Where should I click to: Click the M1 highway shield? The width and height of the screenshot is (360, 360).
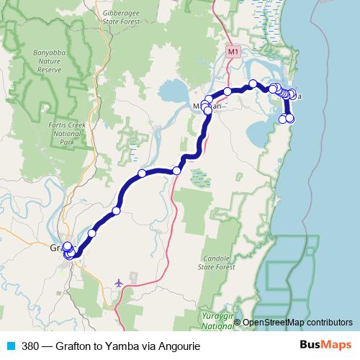pos(232,53)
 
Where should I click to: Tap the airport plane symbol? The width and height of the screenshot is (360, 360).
pos(118,282)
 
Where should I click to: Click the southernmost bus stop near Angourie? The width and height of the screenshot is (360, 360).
pos(290,119)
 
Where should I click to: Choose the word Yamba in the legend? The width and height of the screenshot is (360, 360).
pos(124,345)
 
